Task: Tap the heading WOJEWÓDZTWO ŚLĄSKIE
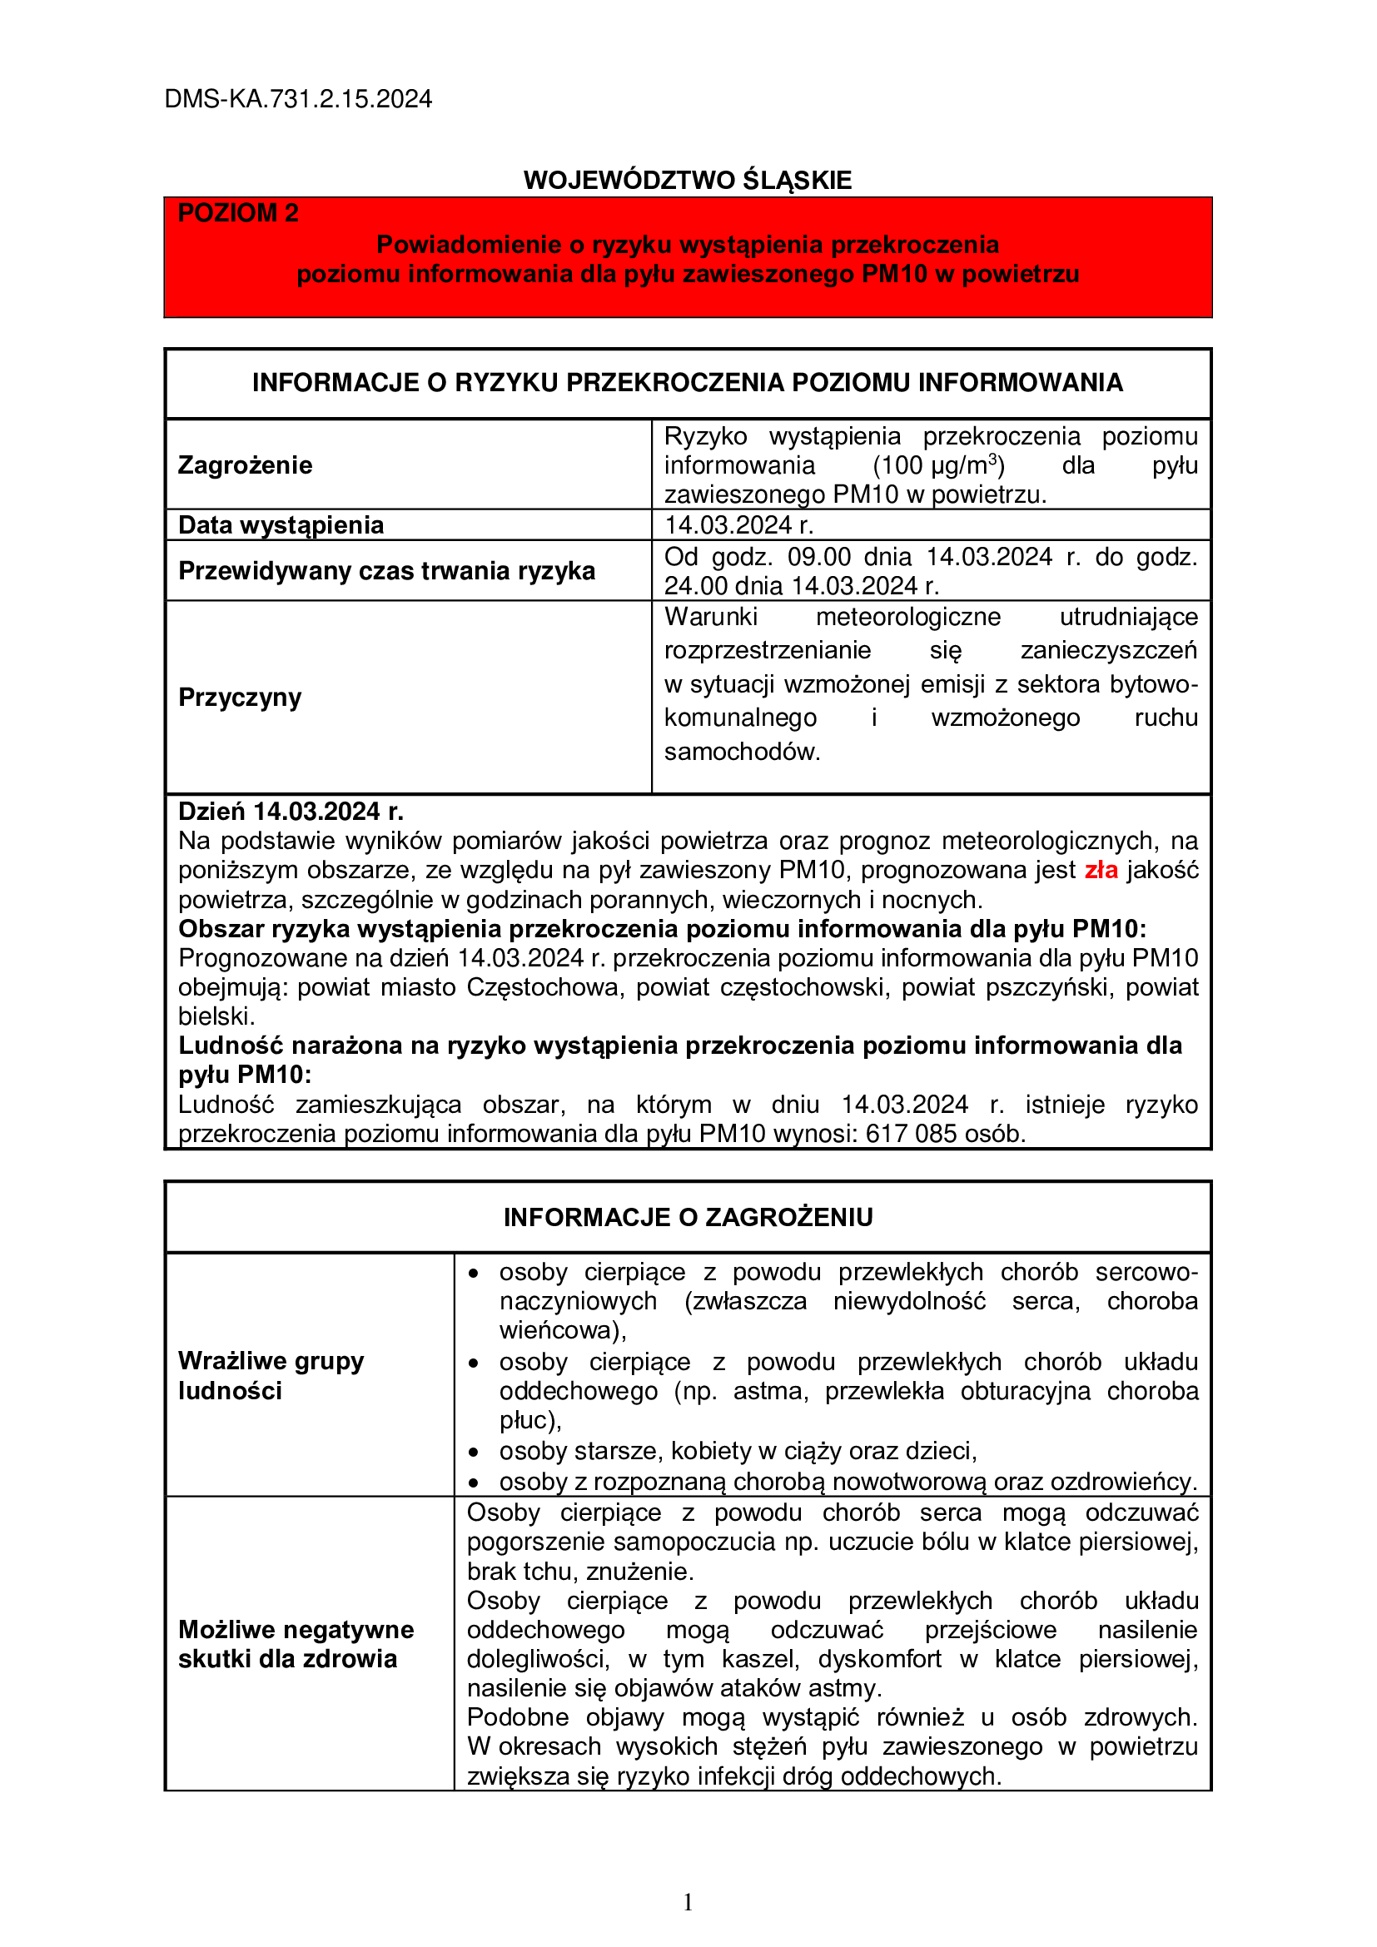click(687, 180)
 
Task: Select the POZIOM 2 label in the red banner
click(238, 213)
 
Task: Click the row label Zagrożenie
click(245, 464)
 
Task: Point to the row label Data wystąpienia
click(281, 525)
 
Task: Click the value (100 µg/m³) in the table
click(937, 464)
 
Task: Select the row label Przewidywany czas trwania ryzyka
click(386, 571)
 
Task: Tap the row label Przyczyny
click(240, 697)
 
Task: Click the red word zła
click(1101, 870)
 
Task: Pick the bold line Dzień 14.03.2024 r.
click(291, 812)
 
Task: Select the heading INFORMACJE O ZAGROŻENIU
click(688, 1217)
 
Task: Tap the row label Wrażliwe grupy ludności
click(271, 1375)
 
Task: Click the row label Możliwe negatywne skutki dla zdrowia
click(296, 1644)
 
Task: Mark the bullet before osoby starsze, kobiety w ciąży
click(474, 1452)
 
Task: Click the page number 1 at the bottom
click(688, 1902)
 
